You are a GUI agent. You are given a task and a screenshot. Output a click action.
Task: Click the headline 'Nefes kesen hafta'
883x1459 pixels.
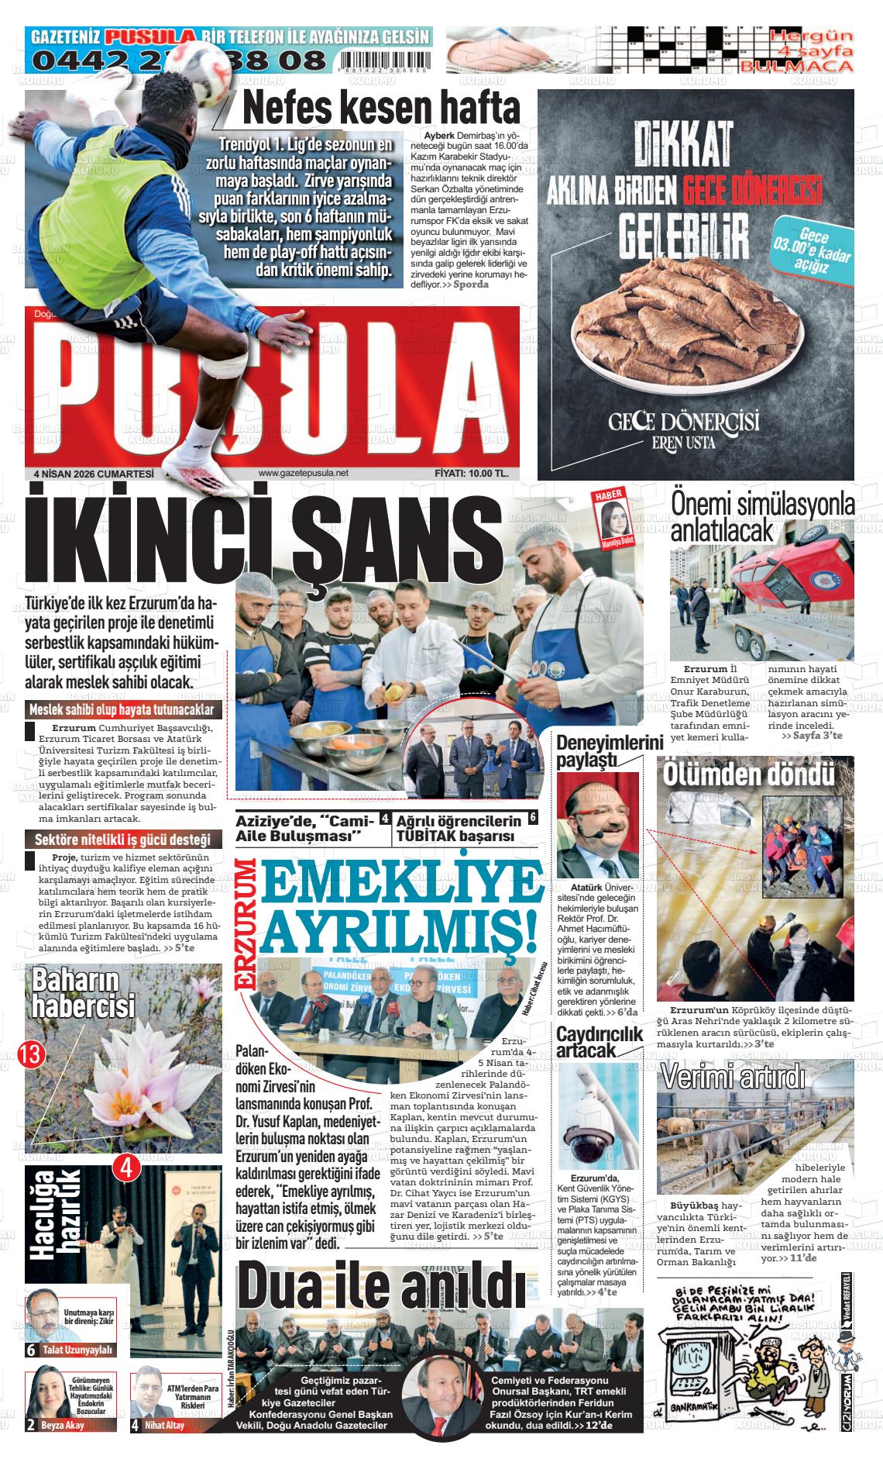(x=381, y=109)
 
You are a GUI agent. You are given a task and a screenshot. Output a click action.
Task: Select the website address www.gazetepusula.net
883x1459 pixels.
(x=303, y=474)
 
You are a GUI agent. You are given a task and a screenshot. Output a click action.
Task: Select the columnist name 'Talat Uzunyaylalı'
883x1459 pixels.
(x=78, y=1350)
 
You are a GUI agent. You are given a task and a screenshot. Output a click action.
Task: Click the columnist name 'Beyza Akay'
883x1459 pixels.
(x=62, y=1425)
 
